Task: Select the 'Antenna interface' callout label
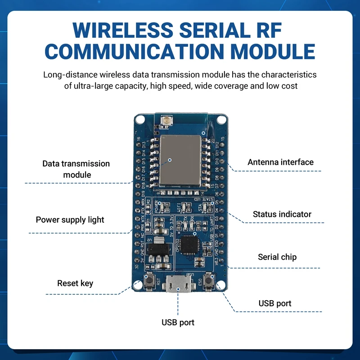280,162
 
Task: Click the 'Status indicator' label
282,214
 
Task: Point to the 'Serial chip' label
277,257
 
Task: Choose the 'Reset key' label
75,283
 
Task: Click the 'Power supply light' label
70,220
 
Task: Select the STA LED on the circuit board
205,207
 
